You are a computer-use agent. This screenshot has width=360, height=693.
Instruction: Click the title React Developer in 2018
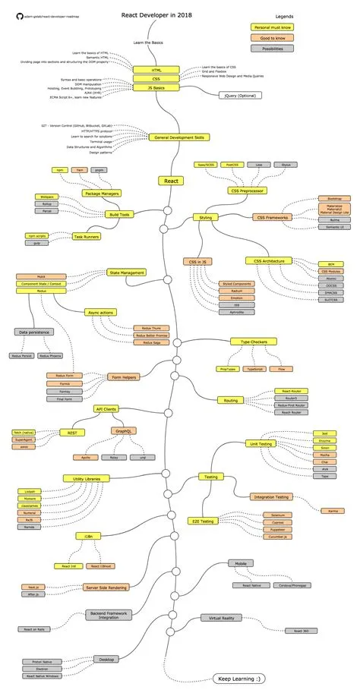(156, 14)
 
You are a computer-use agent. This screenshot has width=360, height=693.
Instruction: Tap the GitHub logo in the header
(20, 15)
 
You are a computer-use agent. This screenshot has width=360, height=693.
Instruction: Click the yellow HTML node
(156, 70)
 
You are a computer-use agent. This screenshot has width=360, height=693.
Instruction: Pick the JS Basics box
(156, 87)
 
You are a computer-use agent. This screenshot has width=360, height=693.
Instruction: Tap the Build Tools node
(120, 215)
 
